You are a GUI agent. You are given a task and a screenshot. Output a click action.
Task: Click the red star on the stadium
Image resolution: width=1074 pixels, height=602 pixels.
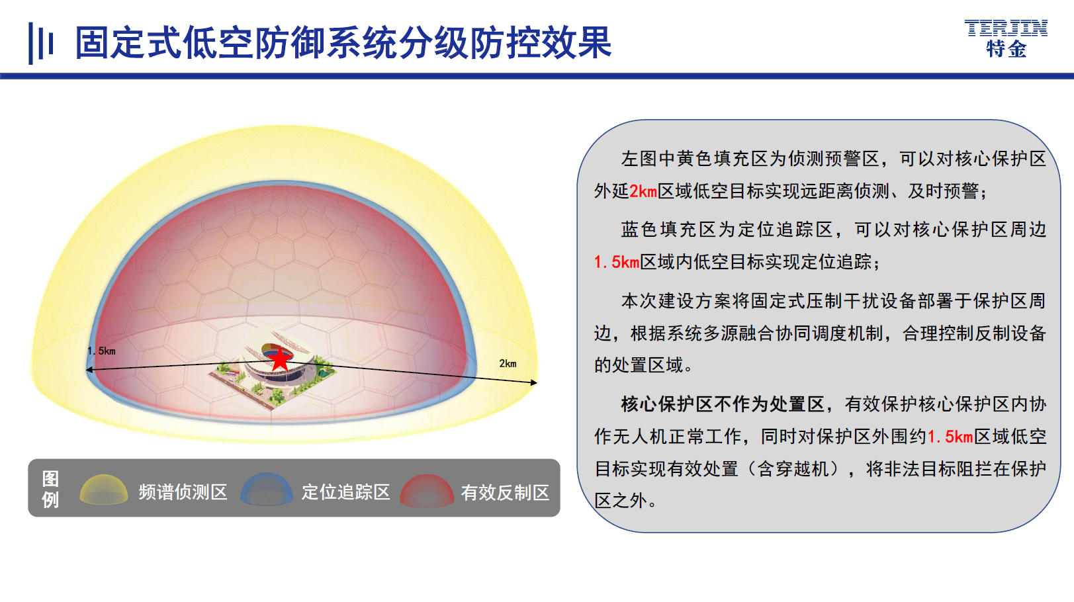click(x=280, y=359)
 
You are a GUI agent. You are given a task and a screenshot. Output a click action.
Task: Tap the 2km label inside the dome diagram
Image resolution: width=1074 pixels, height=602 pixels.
click(x=508, y=363)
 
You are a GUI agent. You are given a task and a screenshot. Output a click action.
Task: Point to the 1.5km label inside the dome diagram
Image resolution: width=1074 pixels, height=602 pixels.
click(x=102, y=351)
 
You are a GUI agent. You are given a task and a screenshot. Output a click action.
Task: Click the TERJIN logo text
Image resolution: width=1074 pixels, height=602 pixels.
click(x=1006, y=28)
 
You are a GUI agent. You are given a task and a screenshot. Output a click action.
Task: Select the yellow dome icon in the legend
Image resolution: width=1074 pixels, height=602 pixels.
click(x=104, y=490)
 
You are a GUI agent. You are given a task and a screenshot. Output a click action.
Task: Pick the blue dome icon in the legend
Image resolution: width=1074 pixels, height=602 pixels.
click(x=267, y=489)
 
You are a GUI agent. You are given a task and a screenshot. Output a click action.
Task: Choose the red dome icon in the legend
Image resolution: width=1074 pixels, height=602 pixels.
click(x=427, y=490)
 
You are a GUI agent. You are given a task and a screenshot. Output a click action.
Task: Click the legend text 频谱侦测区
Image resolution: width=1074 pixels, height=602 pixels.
click(x=183, y=492)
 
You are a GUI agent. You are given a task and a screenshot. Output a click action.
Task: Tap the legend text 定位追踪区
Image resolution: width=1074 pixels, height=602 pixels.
click(x=345, y=492)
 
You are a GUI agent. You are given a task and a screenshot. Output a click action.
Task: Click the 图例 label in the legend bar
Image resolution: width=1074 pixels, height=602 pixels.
click(x=50, y=489)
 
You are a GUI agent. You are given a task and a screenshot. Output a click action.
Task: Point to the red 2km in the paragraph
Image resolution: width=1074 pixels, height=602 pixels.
click(x=643, y=191)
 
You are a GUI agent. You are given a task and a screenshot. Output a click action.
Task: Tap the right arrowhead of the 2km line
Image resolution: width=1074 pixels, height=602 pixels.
click(x=534, y=382)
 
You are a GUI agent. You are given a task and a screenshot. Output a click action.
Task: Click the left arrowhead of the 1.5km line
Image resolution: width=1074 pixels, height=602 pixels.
click(x=89, y=370)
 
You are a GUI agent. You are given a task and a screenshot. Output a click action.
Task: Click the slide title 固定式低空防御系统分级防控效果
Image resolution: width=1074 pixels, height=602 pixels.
click(x=343, y=42)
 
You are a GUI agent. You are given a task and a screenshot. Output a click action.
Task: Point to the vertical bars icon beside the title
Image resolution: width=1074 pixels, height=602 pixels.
click(x=40, y=43)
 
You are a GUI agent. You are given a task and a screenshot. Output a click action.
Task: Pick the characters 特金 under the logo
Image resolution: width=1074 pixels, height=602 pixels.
click(x=1007, y=49)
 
